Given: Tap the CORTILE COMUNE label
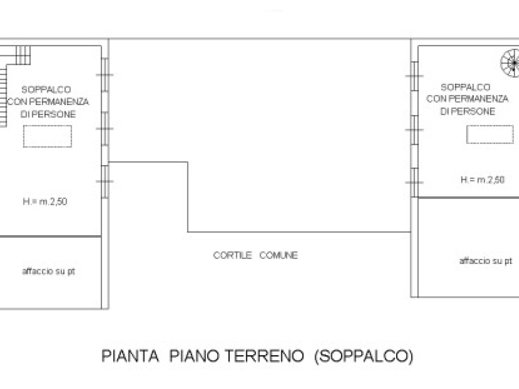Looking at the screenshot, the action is (x=255, y=255).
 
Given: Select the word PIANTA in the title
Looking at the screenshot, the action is (x=130, y=356).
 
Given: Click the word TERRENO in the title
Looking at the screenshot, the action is (x=264, y=356).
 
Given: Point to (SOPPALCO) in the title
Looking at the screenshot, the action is (x=364, y=357).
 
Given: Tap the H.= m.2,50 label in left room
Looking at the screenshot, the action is (x=45, y=201).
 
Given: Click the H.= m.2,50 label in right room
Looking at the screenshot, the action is (x=483, y=180).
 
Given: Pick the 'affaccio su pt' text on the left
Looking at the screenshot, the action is (x=48, y=271).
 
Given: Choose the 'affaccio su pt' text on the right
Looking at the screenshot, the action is (x=486, y=261).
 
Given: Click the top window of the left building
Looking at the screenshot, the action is (x=105, y=75).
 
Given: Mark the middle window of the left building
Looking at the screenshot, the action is (x=105, y=129).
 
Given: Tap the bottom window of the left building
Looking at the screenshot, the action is (x=105, y=182).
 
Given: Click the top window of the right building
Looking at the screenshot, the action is (x=414, y=76).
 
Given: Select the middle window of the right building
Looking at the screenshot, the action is (x=414, y=130).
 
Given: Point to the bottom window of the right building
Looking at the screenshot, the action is (x=414, y=182).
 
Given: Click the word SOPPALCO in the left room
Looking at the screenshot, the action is (x=46, y=89).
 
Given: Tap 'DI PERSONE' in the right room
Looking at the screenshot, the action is (x=468, y=112).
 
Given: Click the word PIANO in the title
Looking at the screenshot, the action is (x=194, y=356).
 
